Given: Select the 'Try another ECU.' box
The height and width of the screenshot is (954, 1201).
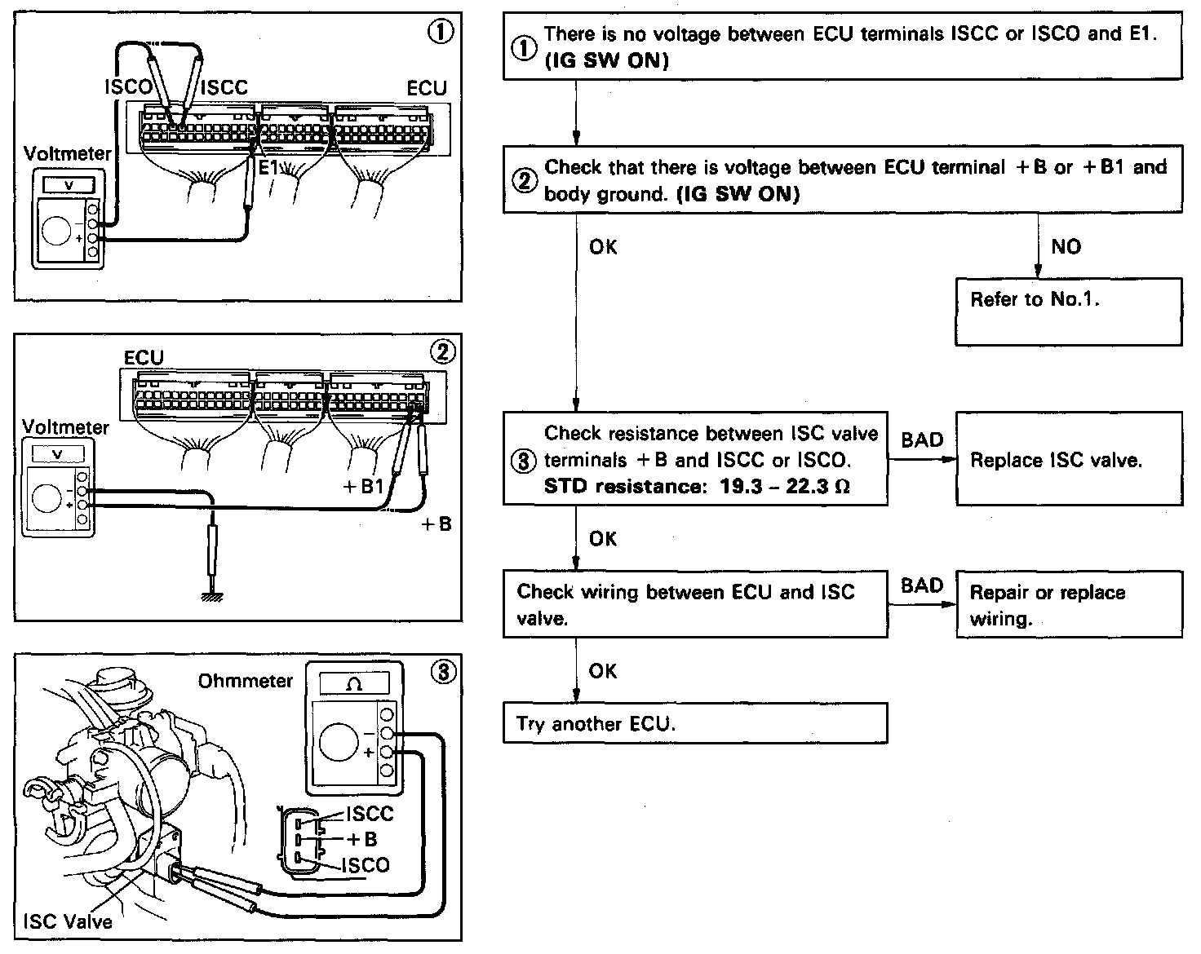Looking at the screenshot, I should click(x=694, y=723).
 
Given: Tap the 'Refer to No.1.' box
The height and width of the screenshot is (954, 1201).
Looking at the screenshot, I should click(x=1068, y=311).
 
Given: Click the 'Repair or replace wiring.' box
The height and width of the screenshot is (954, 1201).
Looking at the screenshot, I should click(x=1068, y=604).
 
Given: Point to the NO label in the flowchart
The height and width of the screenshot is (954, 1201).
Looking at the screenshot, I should click(x=1066, y=247).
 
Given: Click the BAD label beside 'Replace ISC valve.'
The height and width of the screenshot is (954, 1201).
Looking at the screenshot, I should click(x=922, y=440).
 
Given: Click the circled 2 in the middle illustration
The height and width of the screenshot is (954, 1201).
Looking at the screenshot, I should click(x=443, y=351).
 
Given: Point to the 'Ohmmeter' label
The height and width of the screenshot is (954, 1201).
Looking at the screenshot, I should click(x=245, y=680).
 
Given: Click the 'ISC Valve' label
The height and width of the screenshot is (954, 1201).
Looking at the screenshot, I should click(x=68, y=921).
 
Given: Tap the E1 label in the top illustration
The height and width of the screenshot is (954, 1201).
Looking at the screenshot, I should click(x=268, y=167).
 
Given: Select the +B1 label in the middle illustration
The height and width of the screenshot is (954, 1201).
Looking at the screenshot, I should click(x=363, y=488).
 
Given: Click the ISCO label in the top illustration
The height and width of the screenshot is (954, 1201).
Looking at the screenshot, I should click(x=127, y=86).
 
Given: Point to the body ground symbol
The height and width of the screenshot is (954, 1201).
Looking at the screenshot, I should click(x=213, y=596).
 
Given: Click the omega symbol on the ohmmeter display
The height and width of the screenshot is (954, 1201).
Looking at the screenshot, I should click(x=354, y=684).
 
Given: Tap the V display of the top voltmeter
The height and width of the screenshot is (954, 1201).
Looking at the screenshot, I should click(x=69, y=185).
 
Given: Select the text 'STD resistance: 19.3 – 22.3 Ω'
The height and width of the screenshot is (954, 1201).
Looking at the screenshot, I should click(x=697, y=487).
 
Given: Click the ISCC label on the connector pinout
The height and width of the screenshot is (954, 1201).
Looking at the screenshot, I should click(x=370, y=814).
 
